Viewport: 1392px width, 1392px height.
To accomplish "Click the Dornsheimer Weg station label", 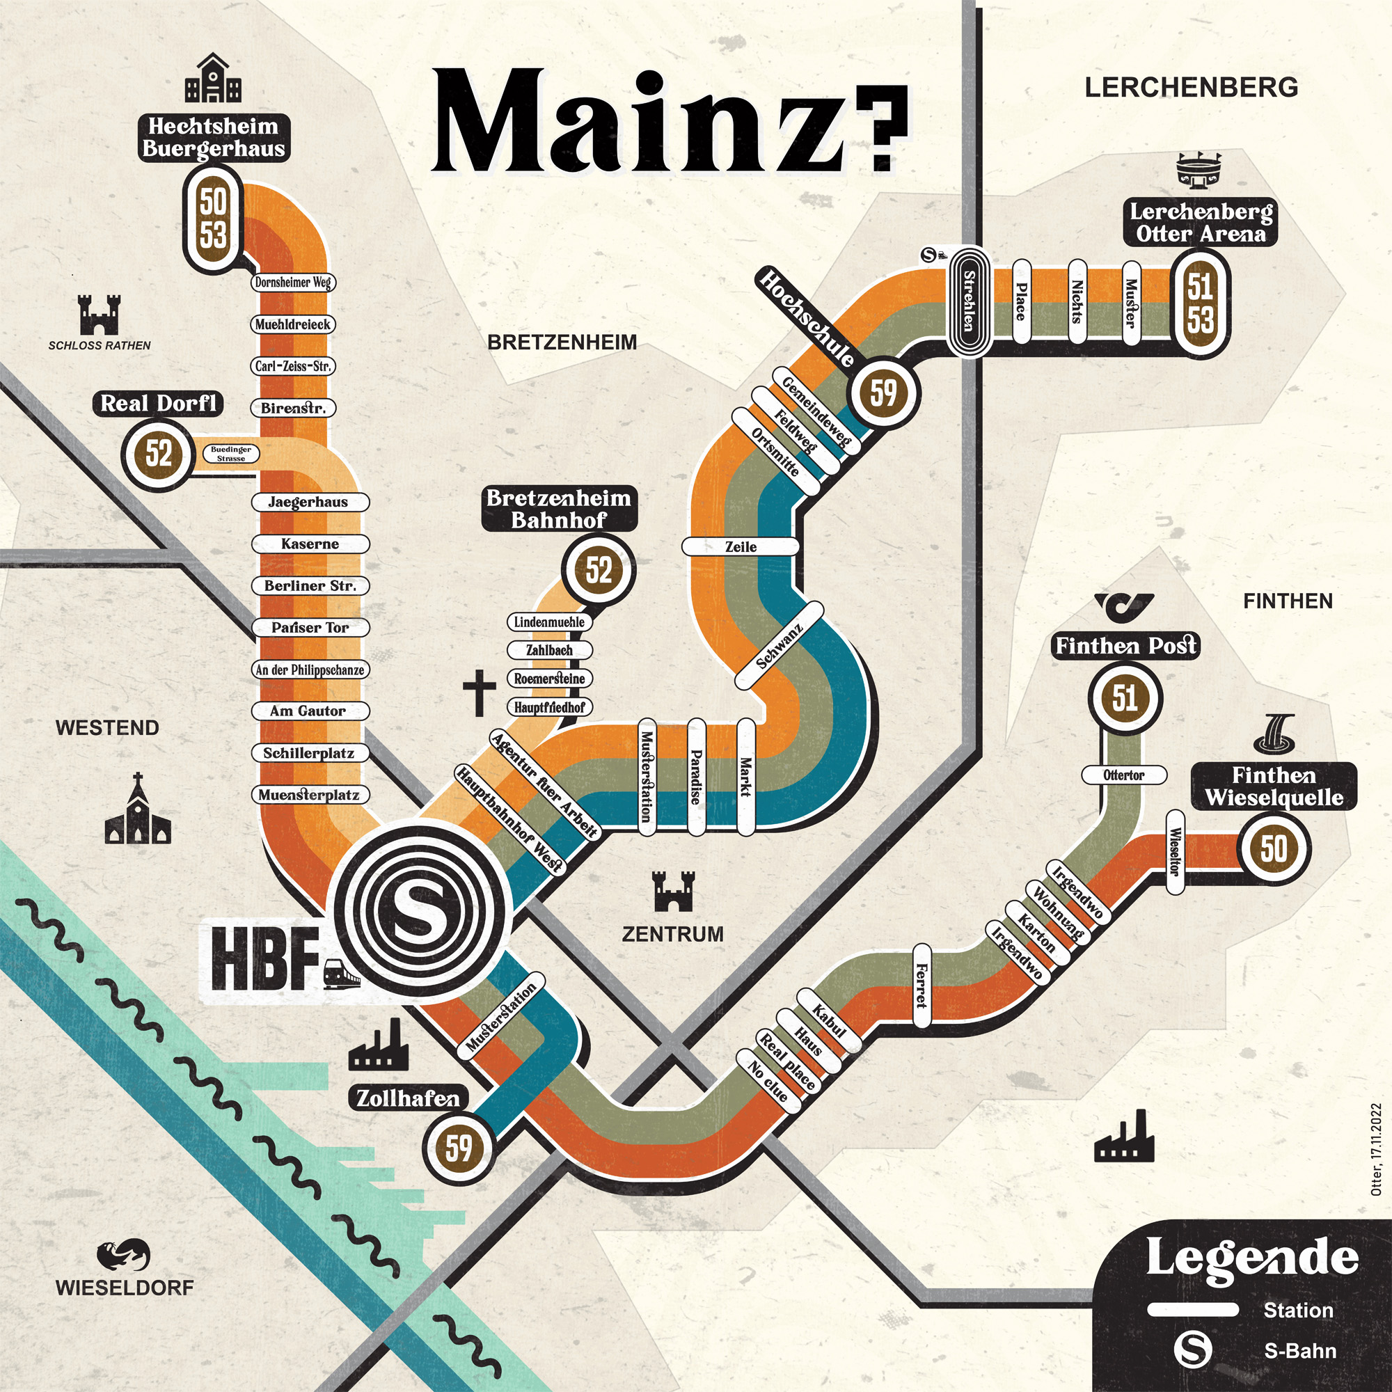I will pos(293,283).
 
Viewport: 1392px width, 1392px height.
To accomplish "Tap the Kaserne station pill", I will pos(310,544).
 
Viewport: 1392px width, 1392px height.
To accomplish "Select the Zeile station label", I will pos(741,547).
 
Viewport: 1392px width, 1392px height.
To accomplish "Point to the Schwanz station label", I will pos(779,646).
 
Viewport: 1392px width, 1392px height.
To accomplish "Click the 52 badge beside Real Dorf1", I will pos(159,454).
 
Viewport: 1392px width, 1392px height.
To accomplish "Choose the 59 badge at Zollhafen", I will pos(458,1148).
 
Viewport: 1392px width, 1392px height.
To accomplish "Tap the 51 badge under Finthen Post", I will pos(1125,698).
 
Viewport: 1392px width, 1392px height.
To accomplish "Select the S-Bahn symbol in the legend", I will pos(1192,1350).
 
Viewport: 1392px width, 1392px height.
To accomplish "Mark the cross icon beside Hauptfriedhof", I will pos(479,693).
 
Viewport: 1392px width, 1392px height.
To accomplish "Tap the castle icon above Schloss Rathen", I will pos(100,315).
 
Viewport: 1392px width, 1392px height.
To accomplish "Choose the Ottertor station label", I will pos(1124,775).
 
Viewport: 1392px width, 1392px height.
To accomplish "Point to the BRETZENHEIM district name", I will pos(562,342).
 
